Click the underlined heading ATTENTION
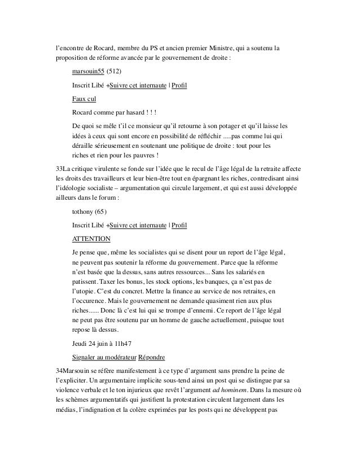(91, 238)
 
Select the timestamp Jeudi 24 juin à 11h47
(102, 343)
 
